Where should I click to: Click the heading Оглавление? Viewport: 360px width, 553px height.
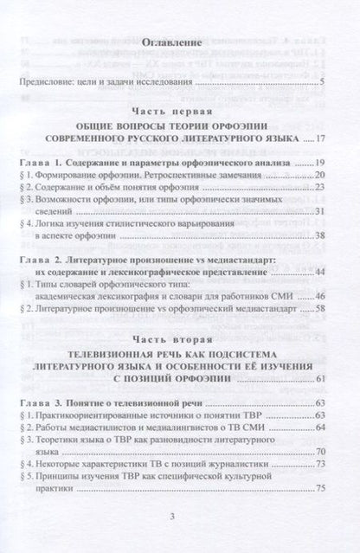[x=180, y=41]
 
